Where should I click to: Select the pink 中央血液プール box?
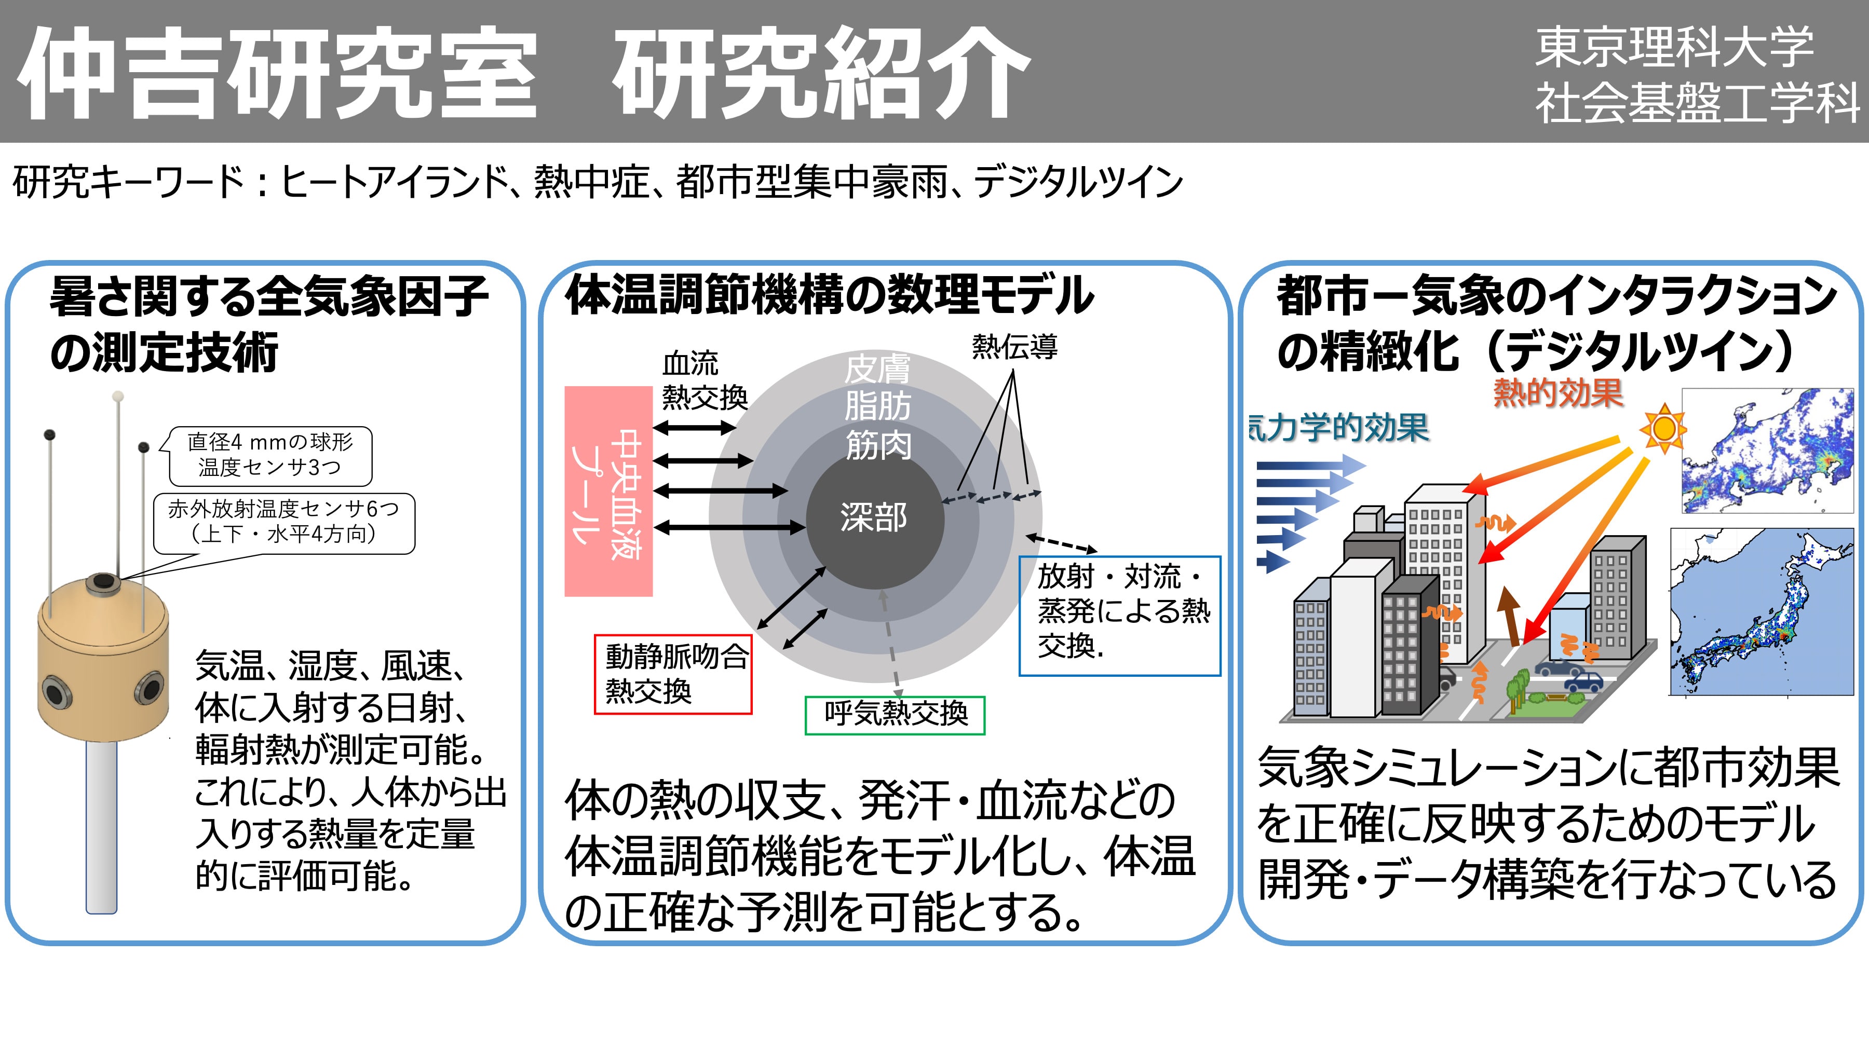pyautogui.click(x=608, y=491)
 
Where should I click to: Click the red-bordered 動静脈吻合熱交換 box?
pyautogui.click(x=672, y=675)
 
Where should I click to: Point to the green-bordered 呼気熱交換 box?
pyautogui.click(x=895, y=715)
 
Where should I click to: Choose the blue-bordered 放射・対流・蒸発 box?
pyautogui.click(x=1119, y=616)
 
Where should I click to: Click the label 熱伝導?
pyautogui.click(x=1014, y=347)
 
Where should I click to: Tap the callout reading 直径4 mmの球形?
pyautogui.click(x=270, y=455)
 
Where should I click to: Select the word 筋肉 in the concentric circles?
pyautogui.click(x=878, y=445)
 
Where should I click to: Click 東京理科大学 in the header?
pyautogui.click(x=1674, y=47)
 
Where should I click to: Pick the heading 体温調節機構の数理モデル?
pyautogui.click(x=829, y=295)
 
